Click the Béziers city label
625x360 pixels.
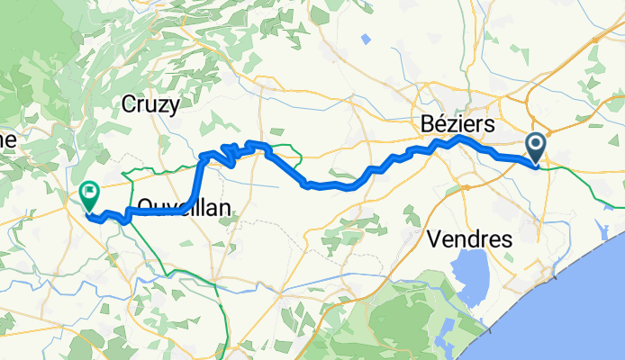456,122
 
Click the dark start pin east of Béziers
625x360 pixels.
536,147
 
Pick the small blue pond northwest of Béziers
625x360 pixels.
366,39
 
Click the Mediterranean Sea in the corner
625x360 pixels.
576,306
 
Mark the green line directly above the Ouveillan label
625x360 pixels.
162,169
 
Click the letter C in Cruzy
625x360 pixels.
128,104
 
